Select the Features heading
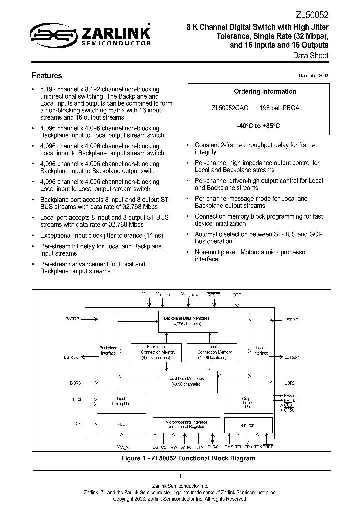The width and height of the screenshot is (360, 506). click(x=47, y=76)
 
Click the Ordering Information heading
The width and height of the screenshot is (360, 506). click(x=265, y=91)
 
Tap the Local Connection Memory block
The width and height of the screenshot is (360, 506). click(x=211, y=352)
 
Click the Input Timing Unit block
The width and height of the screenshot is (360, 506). click(x=121, y=401)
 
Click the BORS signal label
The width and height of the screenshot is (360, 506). click(x=76, y=383)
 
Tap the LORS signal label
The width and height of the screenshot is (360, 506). click(x=290, y=383)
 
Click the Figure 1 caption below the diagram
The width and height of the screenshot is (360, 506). click(x=189, y=458)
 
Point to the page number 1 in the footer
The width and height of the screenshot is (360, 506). click(x=180, y=476)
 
